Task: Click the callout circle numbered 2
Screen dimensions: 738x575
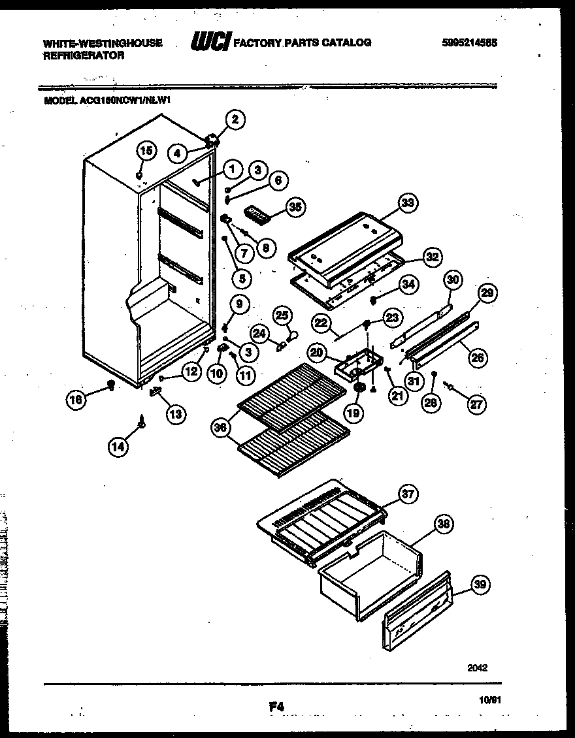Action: (235, 119)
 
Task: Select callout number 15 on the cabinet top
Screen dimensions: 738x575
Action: (146, 151)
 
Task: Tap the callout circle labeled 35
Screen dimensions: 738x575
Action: (295, 208)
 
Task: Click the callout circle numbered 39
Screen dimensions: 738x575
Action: (480, 585)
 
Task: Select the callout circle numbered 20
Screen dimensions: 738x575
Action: (317, 353)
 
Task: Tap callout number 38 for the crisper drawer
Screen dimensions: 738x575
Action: (444, 523)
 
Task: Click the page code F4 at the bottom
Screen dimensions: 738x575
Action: (276, 706)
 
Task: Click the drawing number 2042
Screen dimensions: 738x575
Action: (478, 668)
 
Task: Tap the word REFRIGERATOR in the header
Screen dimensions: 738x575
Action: (83, 56)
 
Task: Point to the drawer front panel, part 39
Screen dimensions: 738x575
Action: (416, 612)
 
